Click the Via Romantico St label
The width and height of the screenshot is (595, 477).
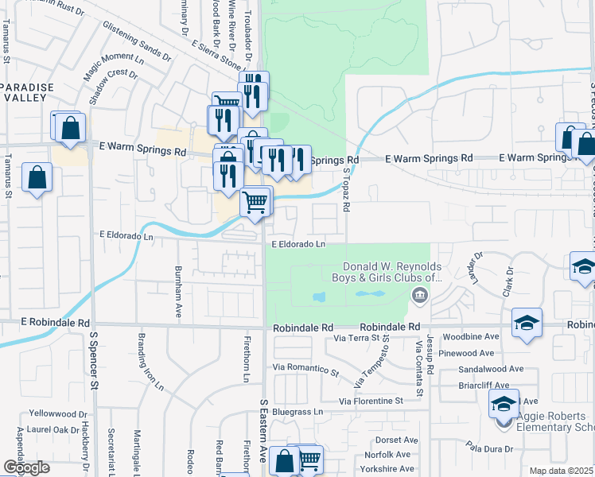coord(305,369)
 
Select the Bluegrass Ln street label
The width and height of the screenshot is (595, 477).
coord(297,412)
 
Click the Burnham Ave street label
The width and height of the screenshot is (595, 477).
coord(179,288)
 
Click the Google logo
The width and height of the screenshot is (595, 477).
coord(27,467)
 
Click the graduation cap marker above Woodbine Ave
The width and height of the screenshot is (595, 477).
coord(526,324)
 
